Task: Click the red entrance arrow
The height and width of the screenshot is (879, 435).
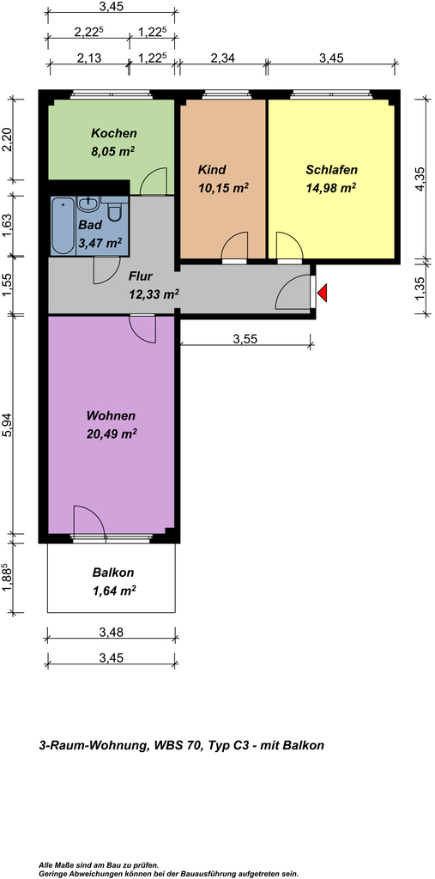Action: [322, 293]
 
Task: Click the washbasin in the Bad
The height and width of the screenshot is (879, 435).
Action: [88, 203]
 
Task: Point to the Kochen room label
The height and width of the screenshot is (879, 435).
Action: [114, 133]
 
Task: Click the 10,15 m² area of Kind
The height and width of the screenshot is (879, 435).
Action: [223, 188]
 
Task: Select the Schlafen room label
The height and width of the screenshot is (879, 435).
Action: [331, 169]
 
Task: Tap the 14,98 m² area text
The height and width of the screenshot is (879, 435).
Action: [331, 188]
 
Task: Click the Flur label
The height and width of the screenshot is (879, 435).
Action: [141, 276]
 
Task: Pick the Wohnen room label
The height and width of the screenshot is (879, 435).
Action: [111, 416]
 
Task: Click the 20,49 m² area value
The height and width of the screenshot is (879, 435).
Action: [112, 433]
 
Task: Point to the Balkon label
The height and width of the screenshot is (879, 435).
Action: [113, 573]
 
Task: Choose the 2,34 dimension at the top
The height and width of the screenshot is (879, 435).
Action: [222, 58]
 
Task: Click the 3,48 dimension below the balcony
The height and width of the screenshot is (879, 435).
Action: [111, 633]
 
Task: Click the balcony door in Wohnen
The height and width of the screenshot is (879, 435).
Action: [90, 521]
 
